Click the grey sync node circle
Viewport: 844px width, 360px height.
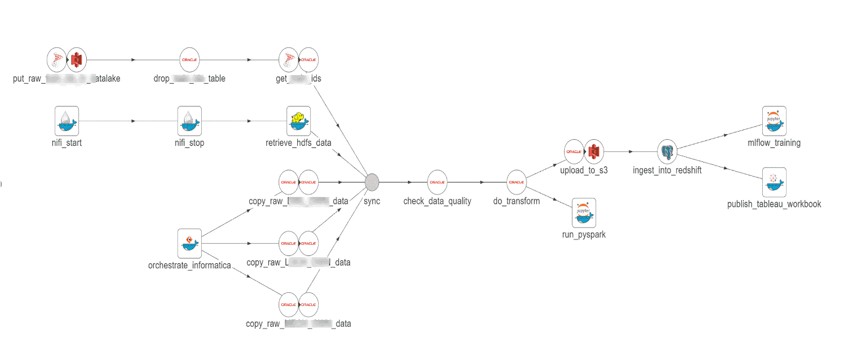tap(372, 182)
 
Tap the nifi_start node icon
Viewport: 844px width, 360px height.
tap(66, 121)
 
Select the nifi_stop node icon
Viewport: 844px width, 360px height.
tap(189, 121)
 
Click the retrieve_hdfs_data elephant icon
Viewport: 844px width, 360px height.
tap(298, 121)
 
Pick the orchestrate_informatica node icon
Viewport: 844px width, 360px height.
tap(189, 243)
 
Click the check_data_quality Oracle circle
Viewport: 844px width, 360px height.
tap(437, 182)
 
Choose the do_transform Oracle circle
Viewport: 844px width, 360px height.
tap(516, 182)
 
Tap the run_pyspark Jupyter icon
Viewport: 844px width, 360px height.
tap(584, 213)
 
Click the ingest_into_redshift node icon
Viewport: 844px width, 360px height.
tap(667, 151)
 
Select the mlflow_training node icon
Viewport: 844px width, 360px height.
tap(774, 121)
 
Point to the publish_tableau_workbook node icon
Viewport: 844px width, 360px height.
tap(774, 182)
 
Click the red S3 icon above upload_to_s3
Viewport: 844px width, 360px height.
tap(594, 151)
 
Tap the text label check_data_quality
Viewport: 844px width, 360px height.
tap(437, 201)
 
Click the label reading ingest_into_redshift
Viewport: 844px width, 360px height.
tap(667, 170)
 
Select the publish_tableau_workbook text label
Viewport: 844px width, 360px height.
tap(774, 204)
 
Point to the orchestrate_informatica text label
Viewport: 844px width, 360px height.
tap(189, 265)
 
